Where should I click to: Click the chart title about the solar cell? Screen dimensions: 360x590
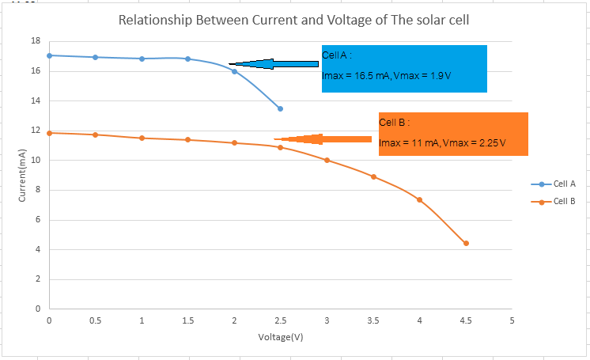(293, 20)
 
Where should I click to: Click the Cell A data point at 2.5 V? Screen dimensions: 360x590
(280, 108)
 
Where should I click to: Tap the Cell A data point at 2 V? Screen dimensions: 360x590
(234, 71)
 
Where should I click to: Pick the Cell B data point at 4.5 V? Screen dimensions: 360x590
(466, 243)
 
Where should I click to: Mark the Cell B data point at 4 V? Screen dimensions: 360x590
(419, 199)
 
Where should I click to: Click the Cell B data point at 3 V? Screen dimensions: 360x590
(327, 160)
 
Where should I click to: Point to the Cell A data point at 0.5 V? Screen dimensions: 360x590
(96, 57)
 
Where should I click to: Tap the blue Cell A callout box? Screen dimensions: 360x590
(403, 69)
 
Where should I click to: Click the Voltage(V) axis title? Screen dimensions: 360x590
(281, 337)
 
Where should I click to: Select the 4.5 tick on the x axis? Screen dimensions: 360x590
(466, 320)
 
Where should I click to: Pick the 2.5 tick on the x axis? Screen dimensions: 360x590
(280, 320)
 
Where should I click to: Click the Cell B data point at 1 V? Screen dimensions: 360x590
(142, 138)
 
